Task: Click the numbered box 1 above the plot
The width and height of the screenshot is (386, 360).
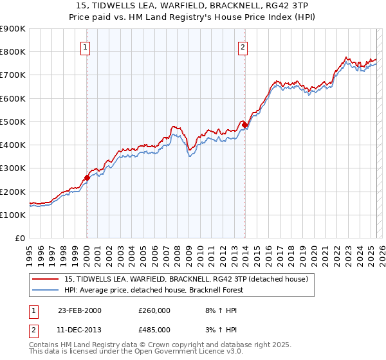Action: click(x=86, y=46)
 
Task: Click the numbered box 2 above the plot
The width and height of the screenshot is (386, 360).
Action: click(x=243, y=46)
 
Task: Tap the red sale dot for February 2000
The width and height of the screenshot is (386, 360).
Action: click(x=87, y=177)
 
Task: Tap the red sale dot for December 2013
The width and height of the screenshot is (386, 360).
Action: click(x=244, y=124)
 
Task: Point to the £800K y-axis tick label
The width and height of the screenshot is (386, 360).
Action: click(x=13, y=52)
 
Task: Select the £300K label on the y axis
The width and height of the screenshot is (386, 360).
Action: click(x=13, y=168)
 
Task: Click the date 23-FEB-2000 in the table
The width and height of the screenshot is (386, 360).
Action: click(x=79, y=310)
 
